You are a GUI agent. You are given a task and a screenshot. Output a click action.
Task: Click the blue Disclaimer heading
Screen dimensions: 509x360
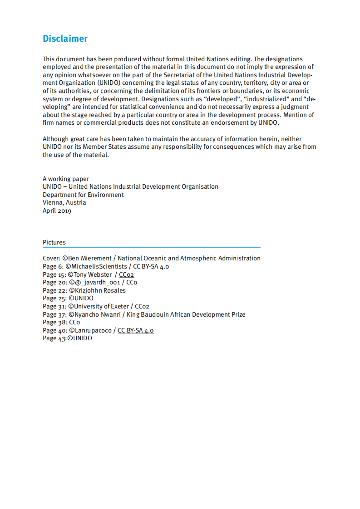[65, 39]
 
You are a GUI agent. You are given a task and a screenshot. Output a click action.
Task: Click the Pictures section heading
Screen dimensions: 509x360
[54, 242]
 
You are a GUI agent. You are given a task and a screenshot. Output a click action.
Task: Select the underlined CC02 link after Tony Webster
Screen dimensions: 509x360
[127, 274]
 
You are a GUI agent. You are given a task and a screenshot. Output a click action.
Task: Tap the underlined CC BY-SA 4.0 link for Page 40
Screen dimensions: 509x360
[135, 330]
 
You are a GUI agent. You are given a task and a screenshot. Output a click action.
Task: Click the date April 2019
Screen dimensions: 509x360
[57, 210]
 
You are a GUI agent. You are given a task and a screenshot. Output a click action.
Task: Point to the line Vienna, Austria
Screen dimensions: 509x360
[64, 202]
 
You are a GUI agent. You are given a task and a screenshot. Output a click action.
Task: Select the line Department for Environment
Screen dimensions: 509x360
[83, 195]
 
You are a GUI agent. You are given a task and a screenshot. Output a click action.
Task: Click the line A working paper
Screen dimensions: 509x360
[66, 179]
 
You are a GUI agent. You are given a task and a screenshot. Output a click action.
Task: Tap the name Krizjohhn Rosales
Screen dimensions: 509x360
[100, 290]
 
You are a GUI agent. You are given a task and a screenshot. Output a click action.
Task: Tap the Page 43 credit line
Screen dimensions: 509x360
[67, 338]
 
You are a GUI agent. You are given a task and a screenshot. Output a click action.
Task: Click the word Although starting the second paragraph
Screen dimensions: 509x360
[56, 139]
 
